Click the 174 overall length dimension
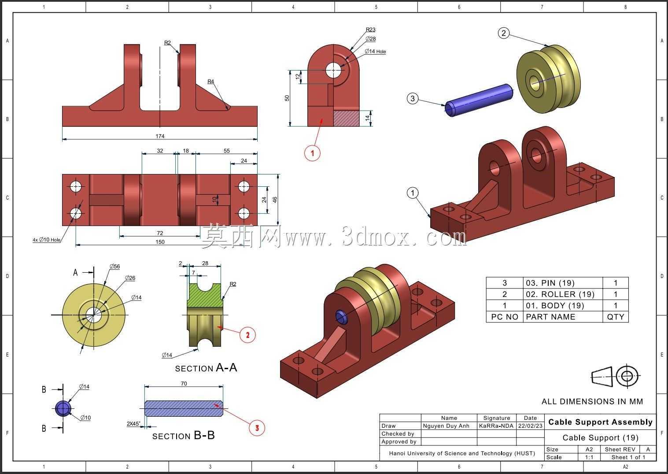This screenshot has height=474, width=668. tap(160, 136)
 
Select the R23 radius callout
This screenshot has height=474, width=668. tap(370, 30)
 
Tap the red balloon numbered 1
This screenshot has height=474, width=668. tap(312, 153)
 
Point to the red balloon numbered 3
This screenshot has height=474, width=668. tap(257, 428)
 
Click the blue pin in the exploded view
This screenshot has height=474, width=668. tap(479, 100)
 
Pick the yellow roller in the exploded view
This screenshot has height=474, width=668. tap(548, 79)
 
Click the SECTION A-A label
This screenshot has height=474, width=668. tap(206, 368)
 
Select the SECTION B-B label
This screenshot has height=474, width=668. tap(183, 436)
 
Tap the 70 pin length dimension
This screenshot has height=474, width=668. tap(184, 383)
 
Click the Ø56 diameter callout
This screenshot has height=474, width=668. tap(115, 267)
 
